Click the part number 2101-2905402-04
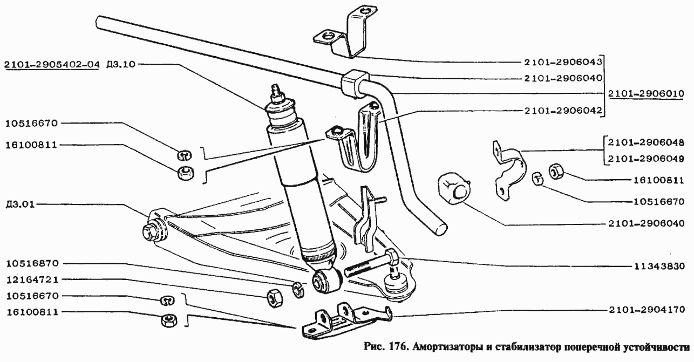[52, 64]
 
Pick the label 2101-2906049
[646, 159]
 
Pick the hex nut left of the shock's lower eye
[274, 297]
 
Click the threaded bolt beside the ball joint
[367, 267]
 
